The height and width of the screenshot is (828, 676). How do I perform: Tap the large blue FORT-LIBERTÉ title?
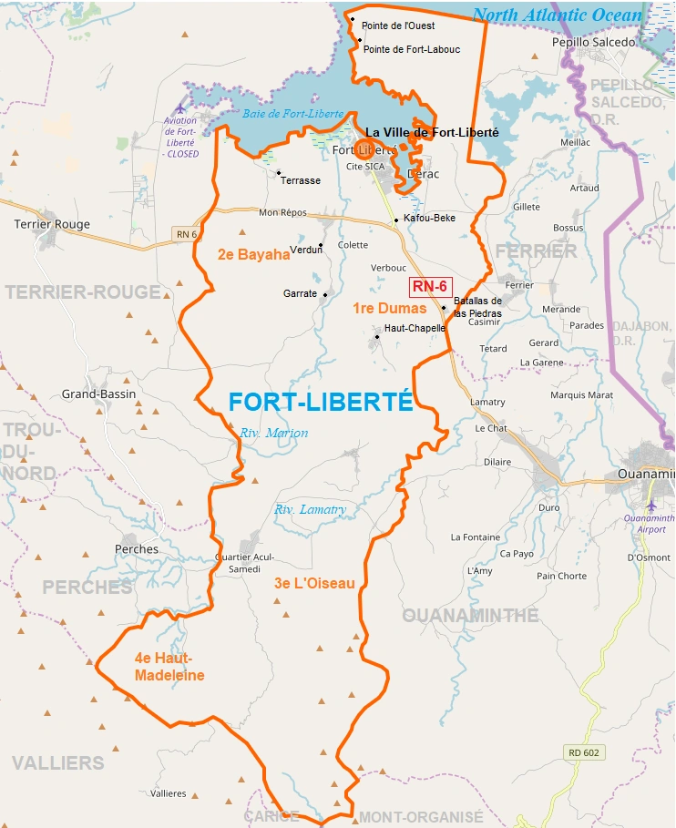(x=321, y=403)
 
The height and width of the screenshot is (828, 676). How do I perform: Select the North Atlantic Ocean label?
(x=558, y=15)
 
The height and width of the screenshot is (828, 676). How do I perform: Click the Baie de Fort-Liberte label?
(x=293, y=114)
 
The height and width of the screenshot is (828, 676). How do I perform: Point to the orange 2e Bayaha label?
(x=253, y=255)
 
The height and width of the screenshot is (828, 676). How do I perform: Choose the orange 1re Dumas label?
(x=389, y=309)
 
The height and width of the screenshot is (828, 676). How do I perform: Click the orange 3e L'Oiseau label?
(x=314, y=583)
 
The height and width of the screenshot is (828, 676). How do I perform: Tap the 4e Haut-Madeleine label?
(x=169, y=667)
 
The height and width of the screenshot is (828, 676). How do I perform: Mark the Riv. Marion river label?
(x=274, y=434)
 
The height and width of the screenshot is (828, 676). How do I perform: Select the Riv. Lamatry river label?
(x=310, y=510)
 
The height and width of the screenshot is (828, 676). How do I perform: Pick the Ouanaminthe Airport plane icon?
(x=650, y=505)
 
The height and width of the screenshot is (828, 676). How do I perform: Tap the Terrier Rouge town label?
(x=52, y=224)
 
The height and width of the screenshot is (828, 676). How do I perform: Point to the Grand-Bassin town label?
(x=98, y=394)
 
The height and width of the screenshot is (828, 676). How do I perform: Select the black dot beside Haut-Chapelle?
(x=377, y=337)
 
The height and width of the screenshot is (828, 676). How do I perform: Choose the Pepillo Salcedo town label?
(x=593, y=42)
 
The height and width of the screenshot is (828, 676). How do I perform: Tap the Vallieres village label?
(x=168, y=793)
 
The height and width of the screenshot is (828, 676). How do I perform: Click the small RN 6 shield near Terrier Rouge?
(x=186, y=235)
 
